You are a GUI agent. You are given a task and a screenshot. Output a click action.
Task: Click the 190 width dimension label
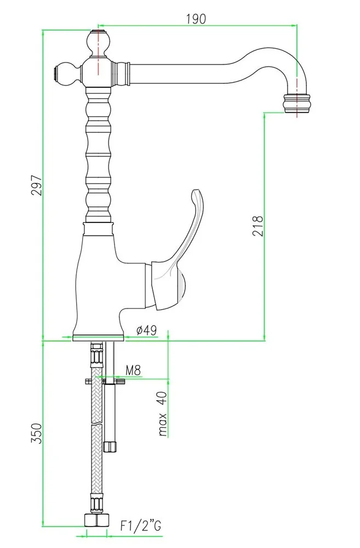[196, 19]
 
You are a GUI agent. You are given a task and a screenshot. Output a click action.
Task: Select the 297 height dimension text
[37, 185]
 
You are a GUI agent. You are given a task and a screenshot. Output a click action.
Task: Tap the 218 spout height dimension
[257, 226]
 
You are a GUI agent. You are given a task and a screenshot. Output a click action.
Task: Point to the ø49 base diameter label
[146, 330]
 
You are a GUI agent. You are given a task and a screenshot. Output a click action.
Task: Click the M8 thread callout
[133, 370]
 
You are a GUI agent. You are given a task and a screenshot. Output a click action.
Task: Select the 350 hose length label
[37, 433]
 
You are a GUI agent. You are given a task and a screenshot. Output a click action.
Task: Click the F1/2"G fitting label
[140, 526]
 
